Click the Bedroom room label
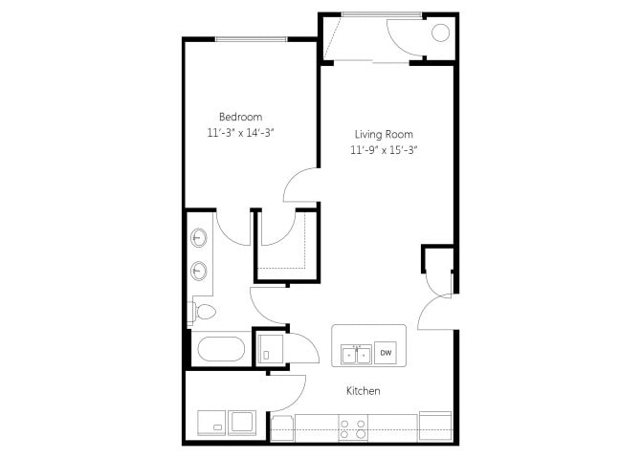(x=240, y=118)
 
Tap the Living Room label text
(x=384, y=135)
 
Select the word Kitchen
(x=363, y=391)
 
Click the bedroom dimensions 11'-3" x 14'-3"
(x=240, y=133)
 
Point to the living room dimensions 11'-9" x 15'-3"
(x=384, y=150)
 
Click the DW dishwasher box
(x=386, y=352)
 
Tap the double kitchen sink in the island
(x=356, y=355)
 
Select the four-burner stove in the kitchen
(x=353, y=428)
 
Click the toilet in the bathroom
(x=202, y=313)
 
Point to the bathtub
(x=221, y=349)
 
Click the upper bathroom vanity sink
(x=199, y=237)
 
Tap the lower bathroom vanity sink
(x=199, y=271)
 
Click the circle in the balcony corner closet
(x=440, y=33)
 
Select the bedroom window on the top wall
(x=252, y=39)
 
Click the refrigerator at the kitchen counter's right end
(x=435, y=426)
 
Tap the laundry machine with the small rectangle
(x=211, y=423)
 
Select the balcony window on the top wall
(x=382, y=14)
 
